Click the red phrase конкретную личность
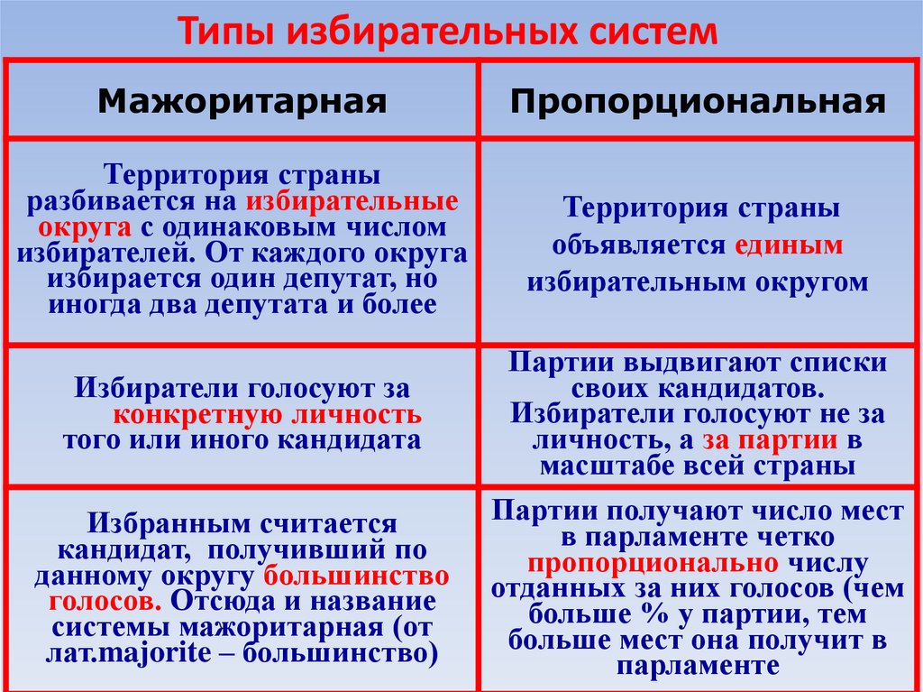(268, 416)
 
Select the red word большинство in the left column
(358, 575)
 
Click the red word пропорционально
(653, 564)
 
